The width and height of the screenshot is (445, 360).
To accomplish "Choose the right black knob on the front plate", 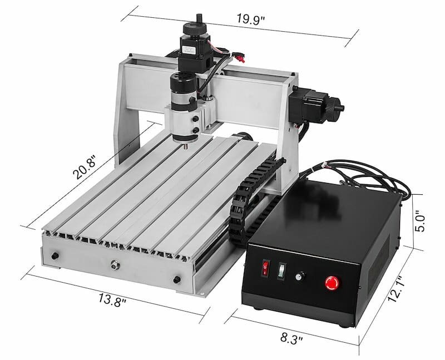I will click(x=177, y=278).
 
